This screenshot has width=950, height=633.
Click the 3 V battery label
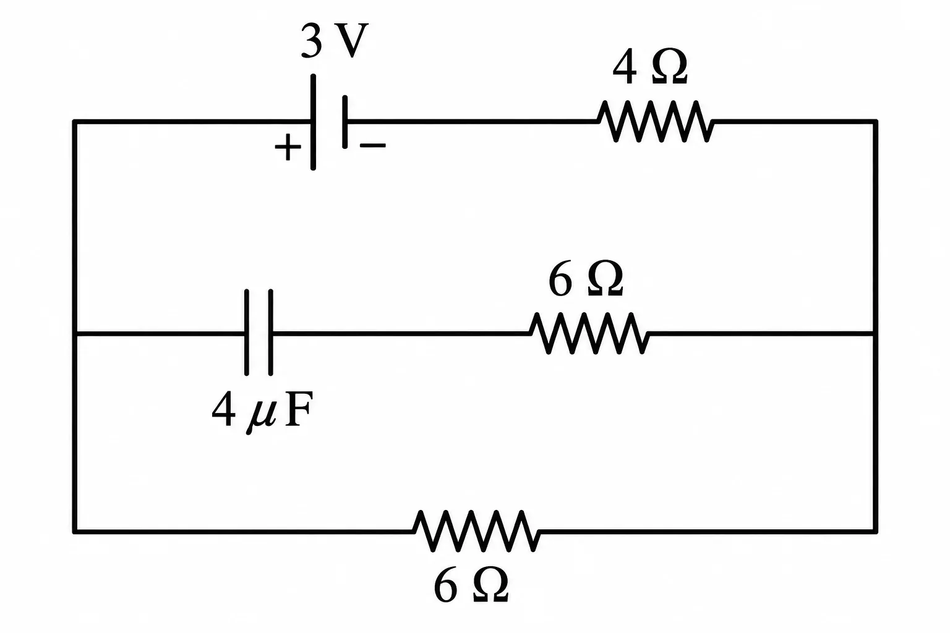point(334,41)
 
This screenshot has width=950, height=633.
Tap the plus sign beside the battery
point(288,147)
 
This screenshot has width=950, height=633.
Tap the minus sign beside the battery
point(373,145)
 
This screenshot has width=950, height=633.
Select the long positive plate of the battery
point(313,122)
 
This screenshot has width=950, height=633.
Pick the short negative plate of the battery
point(344,122)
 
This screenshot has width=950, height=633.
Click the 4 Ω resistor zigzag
point(656,121)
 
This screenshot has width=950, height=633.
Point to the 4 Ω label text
point(650,67)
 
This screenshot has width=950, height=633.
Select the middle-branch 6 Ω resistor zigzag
point(589,333)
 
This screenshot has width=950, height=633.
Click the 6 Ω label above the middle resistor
point(586,279)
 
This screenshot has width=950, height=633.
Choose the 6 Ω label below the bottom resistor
point(471,586)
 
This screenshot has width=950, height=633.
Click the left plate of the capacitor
point(246,333)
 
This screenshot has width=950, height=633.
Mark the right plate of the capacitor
point(270,333)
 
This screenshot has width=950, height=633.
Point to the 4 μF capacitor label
point(262,410)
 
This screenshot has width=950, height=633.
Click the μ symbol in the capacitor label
point(260,415)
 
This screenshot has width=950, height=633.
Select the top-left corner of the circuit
point(75,122)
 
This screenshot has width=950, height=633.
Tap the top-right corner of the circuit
point(875,122)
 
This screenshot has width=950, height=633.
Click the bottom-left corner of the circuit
point(75,531)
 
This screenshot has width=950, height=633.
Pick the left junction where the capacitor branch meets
point(75,334)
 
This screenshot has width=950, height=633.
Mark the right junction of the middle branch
point(875,334)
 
